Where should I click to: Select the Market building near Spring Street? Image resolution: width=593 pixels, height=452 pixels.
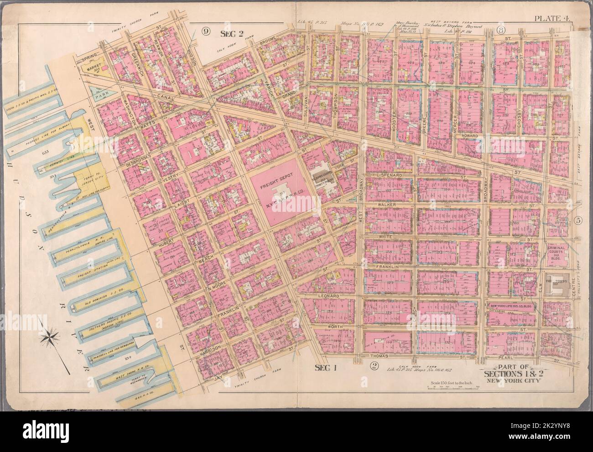coord(97,68)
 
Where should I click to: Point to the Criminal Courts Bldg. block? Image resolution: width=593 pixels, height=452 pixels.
coord(558,248)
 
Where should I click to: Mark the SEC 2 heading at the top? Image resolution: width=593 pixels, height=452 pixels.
coord(233,32)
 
